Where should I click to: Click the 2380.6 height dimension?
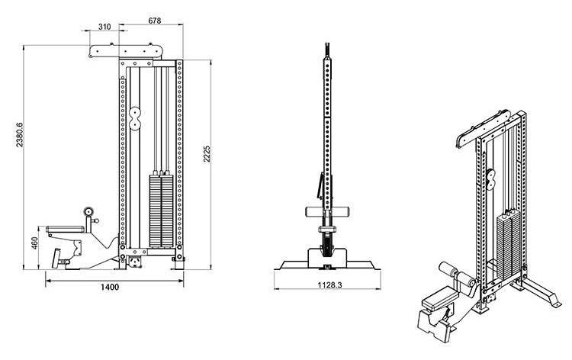click(19, 135)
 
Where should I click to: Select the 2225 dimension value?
click(207, 154)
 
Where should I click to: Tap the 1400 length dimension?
click(110, 287)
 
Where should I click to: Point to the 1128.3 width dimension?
click(329, 284)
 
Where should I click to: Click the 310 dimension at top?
click(104, 27)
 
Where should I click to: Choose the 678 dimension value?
click(155, 21)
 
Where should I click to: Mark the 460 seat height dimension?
click(34, 243)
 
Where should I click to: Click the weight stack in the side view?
click(161, 211)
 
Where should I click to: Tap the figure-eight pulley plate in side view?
click(134, 117)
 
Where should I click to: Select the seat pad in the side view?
click(66, 229)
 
